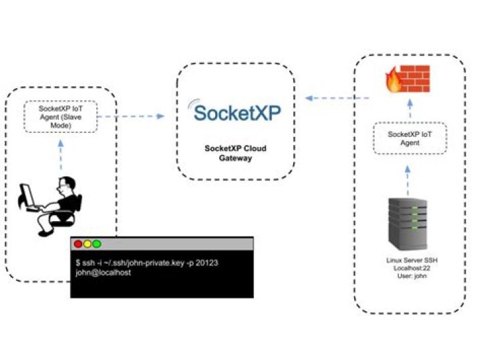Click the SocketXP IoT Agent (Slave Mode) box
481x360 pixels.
[61, 116]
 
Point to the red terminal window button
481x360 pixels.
[78, 244]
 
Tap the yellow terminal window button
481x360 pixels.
[88, 244]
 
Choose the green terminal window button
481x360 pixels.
[97, 244]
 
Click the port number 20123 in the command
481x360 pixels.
[206, 263]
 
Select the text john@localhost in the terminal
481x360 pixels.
[104, 273]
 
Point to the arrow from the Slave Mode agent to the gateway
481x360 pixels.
[131, 116]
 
